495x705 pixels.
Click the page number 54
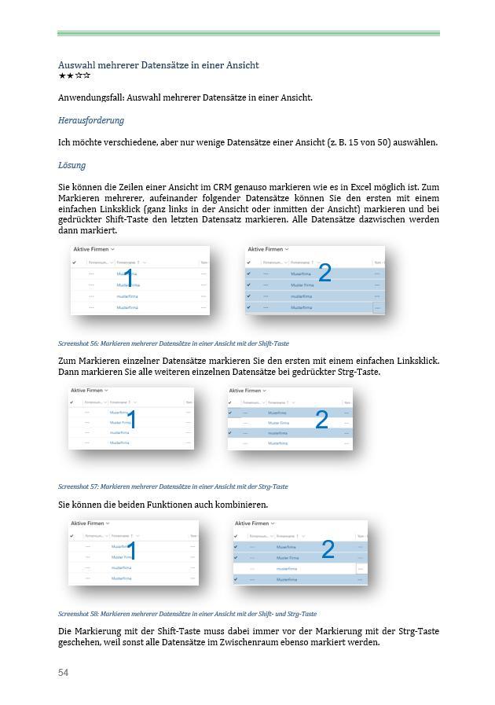(x=64, y=673)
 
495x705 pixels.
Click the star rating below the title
(x=74, y=76)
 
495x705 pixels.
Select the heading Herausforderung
(x=90, y=120)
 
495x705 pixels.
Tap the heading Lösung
(x=71, y=165)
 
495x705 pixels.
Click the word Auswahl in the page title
(x=76, y=64)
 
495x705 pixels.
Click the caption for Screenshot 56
(x=173, y=343)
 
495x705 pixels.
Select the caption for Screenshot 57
(x=173, y=487)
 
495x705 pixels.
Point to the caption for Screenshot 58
(x=187, y=614)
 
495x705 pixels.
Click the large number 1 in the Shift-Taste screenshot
(x=129, y=278)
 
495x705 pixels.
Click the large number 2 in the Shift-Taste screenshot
(x=324, y=273)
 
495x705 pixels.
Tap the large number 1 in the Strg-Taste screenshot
(x=131, y=420)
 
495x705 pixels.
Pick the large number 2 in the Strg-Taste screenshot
(x=321, y=420)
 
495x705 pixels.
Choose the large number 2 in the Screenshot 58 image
(x=328, y=549)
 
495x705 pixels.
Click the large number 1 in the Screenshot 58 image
(x=131, y=551)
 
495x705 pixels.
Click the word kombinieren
(x=240, y=505)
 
